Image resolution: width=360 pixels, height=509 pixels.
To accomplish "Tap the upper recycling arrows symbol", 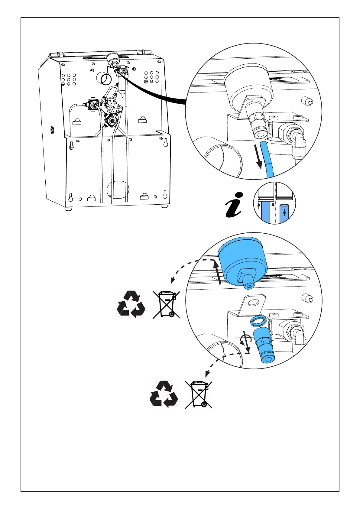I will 131,304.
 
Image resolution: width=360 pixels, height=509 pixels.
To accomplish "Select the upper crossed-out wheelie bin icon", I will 166,304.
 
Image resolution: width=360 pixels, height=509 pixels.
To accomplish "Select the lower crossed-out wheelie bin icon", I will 199,394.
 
